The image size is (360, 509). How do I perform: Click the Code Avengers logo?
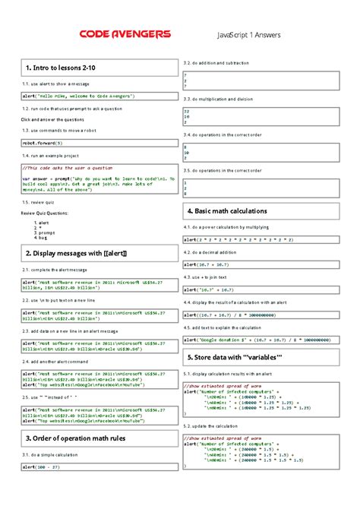(x=125, y=35)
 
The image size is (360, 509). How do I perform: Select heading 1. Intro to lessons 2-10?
(x=61, y=70)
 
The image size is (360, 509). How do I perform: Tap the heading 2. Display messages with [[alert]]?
(x=75, y=252)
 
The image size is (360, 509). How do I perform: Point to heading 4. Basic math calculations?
(x=226, y=210)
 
